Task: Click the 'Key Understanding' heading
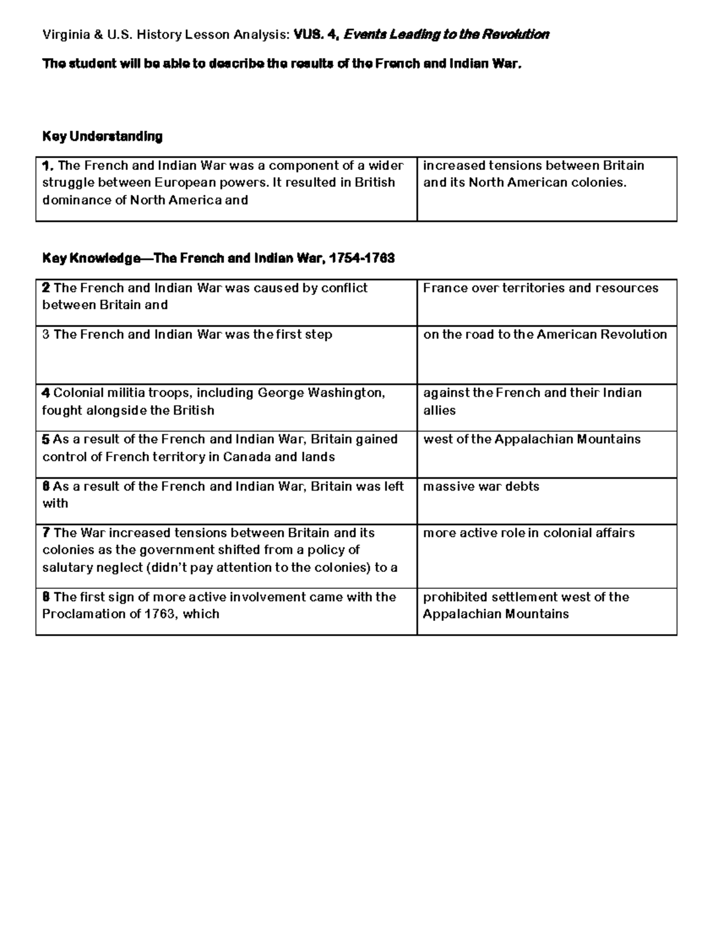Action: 102,136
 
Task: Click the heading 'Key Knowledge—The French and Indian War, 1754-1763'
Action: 218,258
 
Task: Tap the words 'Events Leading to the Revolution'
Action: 446,35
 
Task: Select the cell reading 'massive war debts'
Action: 481,486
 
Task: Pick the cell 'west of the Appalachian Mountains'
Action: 531,439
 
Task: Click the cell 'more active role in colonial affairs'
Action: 529,532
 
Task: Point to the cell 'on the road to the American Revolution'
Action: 544,334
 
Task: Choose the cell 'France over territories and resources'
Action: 540,288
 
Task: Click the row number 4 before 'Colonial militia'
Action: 45,393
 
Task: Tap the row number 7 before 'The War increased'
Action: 45,533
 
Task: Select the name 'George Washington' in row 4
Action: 320,393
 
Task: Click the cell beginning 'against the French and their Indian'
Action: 532,401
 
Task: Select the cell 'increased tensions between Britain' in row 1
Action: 533,174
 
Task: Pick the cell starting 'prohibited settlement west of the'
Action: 526,605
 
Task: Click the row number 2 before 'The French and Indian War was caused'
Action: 45,288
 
